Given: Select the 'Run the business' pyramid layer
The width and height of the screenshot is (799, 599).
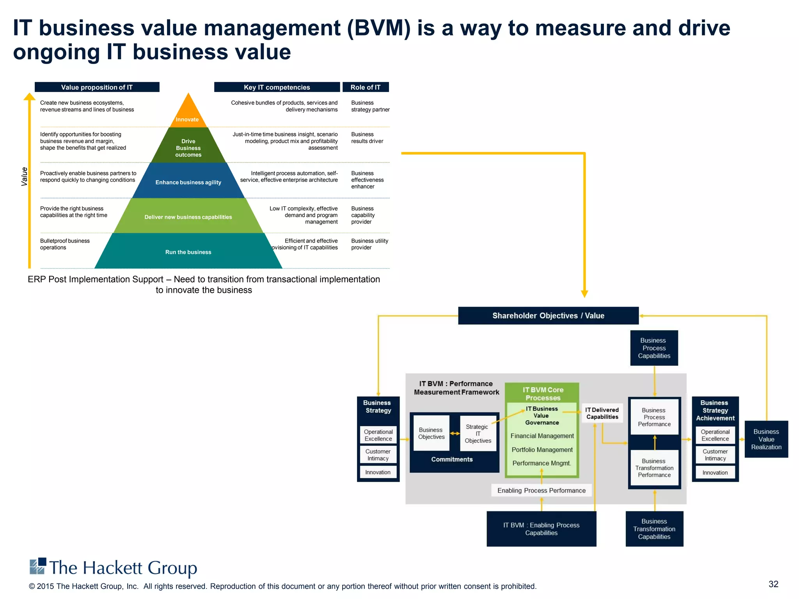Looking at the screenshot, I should tap(188, 252).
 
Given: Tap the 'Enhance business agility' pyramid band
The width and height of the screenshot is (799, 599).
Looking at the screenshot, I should tap(188, 182).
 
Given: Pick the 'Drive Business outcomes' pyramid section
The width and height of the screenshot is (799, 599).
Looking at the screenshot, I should tap(188, 148).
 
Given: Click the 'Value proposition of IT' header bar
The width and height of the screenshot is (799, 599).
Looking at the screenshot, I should tap(97, 87).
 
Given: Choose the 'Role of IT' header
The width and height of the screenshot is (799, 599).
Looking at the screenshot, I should tap(366, 87).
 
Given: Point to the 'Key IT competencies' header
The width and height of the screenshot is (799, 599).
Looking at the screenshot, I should tap(277, 87).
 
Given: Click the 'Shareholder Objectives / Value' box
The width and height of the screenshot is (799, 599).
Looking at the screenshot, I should tap(548, 315).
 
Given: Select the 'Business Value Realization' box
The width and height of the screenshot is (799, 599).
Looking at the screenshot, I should tap(766, 439).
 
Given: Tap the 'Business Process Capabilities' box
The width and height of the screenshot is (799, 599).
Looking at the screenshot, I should tap(654, 348).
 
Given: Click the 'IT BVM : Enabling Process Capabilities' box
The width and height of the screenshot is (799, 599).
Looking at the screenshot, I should tap(541, 529).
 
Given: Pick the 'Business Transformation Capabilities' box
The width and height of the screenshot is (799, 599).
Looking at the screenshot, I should tap(654, 529).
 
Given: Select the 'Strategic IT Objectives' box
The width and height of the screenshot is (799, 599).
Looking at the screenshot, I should tap(478, 434).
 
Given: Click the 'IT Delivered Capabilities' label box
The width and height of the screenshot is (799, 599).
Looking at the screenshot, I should tap(602, 413).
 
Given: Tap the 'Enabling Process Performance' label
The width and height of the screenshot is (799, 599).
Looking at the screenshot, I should tap(541, 490).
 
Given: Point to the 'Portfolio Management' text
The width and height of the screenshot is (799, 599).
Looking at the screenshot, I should tap(542, 450).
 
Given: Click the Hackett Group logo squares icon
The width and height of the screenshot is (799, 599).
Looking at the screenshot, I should tap(38, 566).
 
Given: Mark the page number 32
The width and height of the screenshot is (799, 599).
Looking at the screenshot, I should tap(773, 584).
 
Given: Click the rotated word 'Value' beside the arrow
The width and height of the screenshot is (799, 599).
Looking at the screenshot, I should tap(25, 176).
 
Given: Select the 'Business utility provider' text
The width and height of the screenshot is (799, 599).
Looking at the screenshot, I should tap(369, 244).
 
